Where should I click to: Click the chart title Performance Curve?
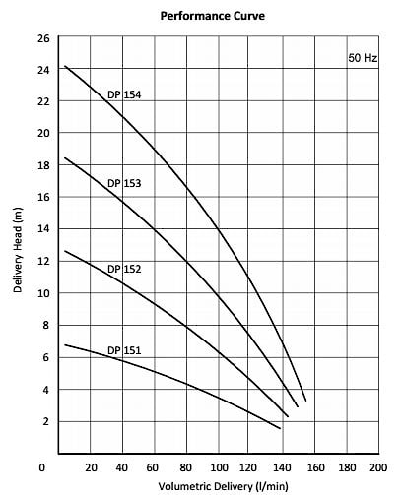(x=213, y=16)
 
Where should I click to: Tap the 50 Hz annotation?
(x=363, y=58)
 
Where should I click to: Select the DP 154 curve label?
(x=124, y=94)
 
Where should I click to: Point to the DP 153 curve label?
(x=124, y=183)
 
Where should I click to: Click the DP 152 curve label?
(x=124, y=269)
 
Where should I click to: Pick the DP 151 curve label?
(x=124, y=350)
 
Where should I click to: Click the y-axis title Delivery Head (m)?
(x=18, y=250)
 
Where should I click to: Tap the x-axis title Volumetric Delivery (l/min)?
(x=223, y=486)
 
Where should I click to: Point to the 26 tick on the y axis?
(x=43, y=38)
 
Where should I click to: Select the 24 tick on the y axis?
(x=43, y=70)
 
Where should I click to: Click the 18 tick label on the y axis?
(x=43, y=165)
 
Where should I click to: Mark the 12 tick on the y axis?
(x=43, y=261)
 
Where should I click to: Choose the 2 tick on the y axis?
(x=46, y=421)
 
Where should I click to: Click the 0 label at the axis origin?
(x=41, y=467)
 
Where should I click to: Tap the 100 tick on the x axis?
(x=219, y=467)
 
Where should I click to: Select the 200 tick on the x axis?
(x=378, y=467)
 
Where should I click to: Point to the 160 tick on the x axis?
(x=315, y=467)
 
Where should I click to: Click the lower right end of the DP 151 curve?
(x=280, y=428)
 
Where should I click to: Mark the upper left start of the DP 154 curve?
(x=65, y=66)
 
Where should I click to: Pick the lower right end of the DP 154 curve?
(x=306, y=401)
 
